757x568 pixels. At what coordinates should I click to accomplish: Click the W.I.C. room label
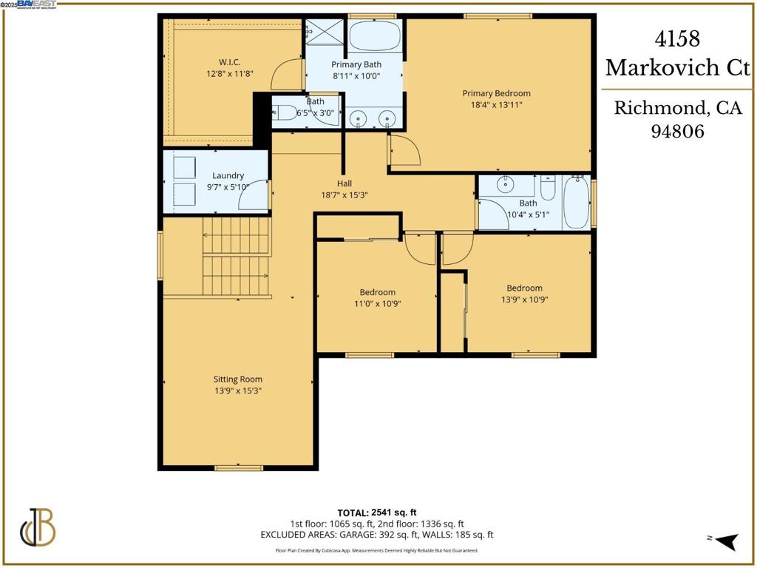pyautogui.click(x=229, y=62)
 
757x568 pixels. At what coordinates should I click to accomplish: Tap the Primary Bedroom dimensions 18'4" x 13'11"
pyautogui.click(x=496, y=105)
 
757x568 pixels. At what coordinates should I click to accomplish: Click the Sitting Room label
pyautogui.click(x=237, y=379)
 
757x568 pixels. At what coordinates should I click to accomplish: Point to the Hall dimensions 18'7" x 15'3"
pyautogui.click(x=344, y=195)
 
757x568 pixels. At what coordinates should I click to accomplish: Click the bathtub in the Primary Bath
pyautogui.click(x=375, y=35)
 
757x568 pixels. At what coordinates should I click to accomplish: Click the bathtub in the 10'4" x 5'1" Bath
pyautogui.click(x=576, y=202)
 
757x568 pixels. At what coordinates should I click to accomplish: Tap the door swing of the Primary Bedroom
pyautogui.click(x=404, y=151)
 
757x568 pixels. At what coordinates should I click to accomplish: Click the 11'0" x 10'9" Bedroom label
pyautogui.click(x=377, y=292)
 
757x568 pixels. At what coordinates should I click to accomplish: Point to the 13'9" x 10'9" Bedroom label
pyautogui.click(x=524, y=288)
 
